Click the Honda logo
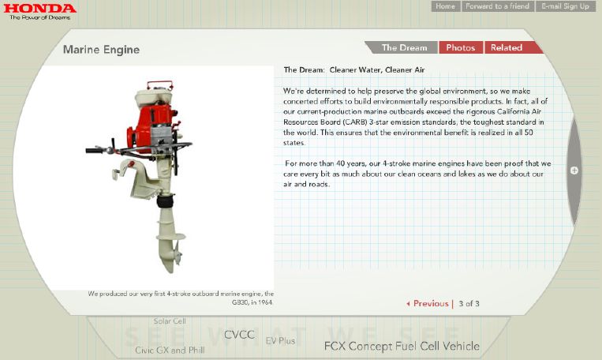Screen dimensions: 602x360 coord(40,12)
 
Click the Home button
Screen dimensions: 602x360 coord(445,6)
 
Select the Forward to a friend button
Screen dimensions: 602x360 coord(497,6)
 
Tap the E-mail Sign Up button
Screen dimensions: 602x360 coord(565,6)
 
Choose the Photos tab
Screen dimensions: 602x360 coord(461,47)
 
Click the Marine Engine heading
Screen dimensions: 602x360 coord(101,50)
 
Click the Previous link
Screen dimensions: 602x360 coord(428,303)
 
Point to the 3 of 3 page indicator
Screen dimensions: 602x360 coord(469,303)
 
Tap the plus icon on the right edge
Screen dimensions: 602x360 coord(574,171)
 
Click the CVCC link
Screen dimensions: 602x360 coord(239,335)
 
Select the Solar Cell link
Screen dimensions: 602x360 coord(170,321)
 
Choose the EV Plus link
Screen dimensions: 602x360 coord(281,341)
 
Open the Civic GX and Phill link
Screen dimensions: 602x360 coord(170,350)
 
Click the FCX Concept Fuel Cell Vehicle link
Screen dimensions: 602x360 coord(402,346)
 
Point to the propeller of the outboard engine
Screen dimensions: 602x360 coord(177,253)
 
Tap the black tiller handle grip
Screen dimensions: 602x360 coord(93,151)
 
